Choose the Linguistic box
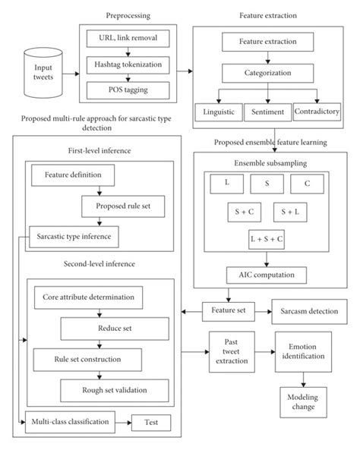tap(218, 111)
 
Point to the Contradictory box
tap(316, 111)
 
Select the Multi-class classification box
tap(71, 420)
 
